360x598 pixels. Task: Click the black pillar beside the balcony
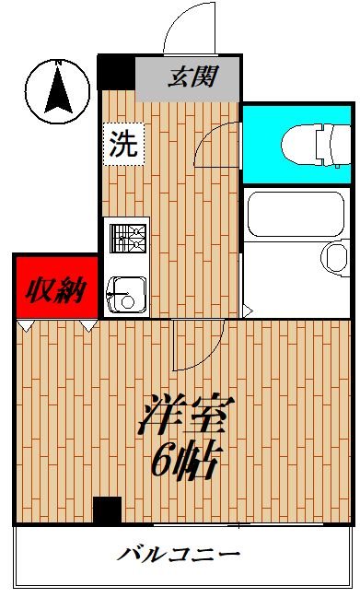click(x=107, y=510)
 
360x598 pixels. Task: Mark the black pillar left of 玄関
click(x=116, y=73)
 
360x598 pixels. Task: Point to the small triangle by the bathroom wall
click(x=246, y=310)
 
